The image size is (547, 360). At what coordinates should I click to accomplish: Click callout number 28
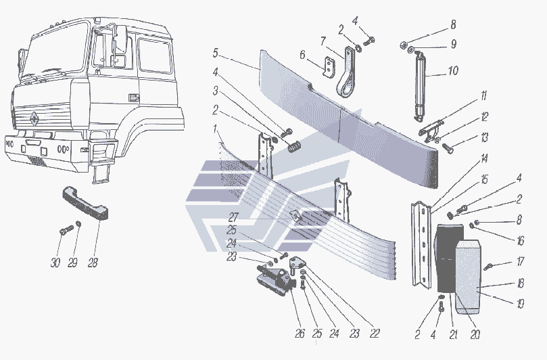(x=93, y=263)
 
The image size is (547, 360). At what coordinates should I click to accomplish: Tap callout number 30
(x=55, y=263)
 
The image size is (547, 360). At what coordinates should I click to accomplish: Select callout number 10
(x=453, y=71)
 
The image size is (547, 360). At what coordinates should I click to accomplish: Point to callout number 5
(x=215, y=53)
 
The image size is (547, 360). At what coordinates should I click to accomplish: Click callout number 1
(x=216, y=129)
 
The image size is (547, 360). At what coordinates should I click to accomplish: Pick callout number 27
(x=233, y=217)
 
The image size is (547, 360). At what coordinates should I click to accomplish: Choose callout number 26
(x=300, y=334)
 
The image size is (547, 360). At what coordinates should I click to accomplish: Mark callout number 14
(x=484, y=158)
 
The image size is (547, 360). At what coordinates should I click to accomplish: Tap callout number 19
(x=520, y=304)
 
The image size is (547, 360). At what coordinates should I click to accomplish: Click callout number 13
(x=484, y=137)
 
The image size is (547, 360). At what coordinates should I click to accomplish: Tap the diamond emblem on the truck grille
(x=35, y=118)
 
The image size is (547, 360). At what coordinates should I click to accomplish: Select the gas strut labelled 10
(x=420, y=85)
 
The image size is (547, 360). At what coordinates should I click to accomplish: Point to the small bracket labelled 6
(x=329, y=67)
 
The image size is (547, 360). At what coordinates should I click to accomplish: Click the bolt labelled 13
(x=448, y=148)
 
